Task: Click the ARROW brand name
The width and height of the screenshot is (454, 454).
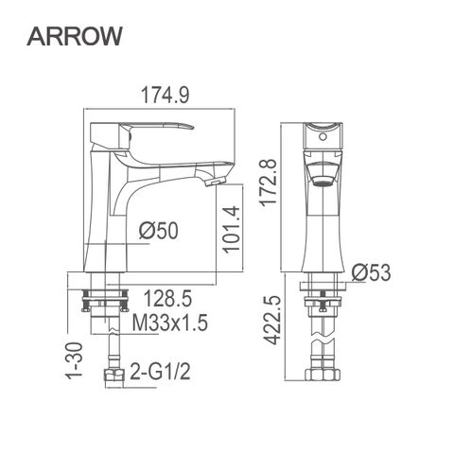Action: (x=75, y=36)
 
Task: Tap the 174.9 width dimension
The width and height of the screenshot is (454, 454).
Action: (x=165, y=95)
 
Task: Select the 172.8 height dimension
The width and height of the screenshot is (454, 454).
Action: (x=268, y=183)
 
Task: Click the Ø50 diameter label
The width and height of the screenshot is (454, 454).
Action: (x=159, y=230)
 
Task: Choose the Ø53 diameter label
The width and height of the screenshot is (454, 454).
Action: (x=372, y=272)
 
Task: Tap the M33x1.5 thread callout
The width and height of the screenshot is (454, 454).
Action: (x=170, y=323)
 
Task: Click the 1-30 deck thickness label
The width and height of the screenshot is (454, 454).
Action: (x=74, y=359)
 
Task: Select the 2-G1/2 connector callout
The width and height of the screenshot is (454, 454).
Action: (x=161, y=372)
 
